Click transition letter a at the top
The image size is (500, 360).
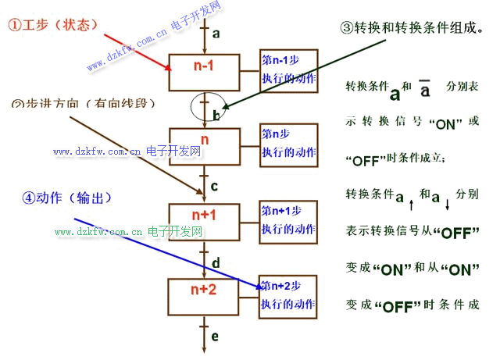click(216, 34)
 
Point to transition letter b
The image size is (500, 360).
click(216, 115)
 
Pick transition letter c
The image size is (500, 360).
click(215, 187)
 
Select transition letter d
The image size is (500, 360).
click(216, 262)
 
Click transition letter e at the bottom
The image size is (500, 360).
click(216, 337)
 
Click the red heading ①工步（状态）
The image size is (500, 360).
click(52, 25)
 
